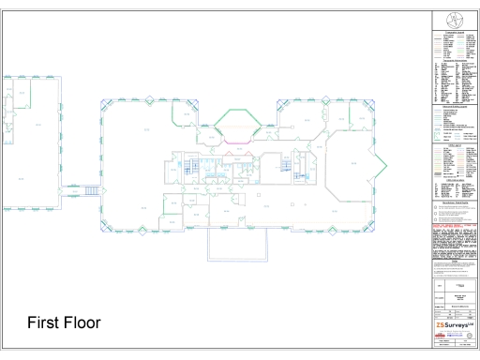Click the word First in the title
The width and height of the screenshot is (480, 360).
pos(43,323)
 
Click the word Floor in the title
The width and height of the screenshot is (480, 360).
pos(82,323)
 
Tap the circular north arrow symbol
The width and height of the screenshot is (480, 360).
pos(456,20)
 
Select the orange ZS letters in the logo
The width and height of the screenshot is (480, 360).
pos(441,325)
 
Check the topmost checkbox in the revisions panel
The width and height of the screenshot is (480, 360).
pos(437,205)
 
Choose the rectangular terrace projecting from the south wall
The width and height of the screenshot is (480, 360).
pos(237,245)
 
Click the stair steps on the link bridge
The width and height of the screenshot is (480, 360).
pos(92,191)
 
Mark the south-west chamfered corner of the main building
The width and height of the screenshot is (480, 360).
pos(106,225)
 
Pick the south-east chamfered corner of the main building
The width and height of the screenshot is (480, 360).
pos(366,225)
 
